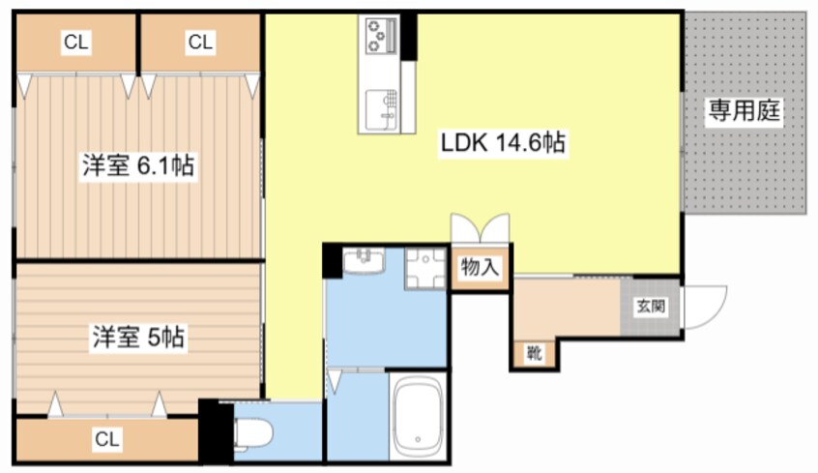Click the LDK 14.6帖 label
point(503,142)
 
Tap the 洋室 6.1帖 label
point(138,166)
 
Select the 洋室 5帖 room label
point(138,338)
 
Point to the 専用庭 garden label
point(744,110)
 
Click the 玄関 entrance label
point(651,307)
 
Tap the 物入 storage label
point(480,267)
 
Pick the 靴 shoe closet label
point(534,354)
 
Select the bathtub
point(417,417)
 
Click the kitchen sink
point(381,109)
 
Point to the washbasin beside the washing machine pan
point(364,260)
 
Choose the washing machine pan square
point(425,268)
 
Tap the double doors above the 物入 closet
point(480,228)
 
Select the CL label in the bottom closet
point(107,439)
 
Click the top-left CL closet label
point(76,42)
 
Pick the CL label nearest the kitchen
point(200,42)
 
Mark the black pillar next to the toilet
point(216,431)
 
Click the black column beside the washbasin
point(333,260)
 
